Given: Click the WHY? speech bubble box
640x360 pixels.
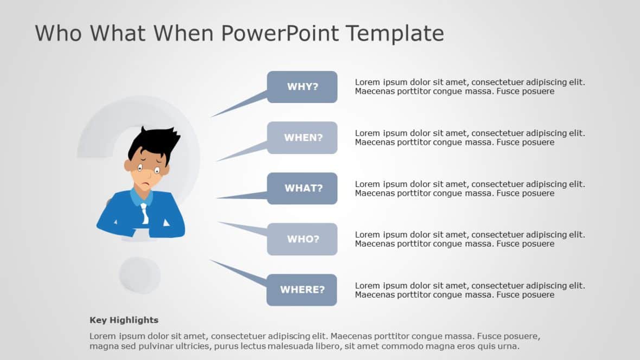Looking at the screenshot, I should coord(302,87).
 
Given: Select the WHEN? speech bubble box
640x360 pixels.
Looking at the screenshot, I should coord(302,138).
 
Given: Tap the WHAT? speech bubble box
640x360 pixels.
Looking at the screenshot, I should coord(302,188).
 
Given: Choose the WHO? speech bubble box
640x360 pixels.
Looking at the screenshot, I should coord(302,239).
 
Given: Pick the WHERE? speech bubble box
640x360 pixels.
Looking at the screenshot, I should coord(302,290).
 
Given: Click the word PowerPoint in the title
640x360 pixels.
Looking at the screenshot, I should coord(279,34).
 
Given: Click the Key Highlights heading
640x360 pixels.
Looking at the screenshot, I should coord(124,320).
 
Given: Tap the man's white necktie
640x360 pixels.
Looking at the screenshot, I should coord(144,212).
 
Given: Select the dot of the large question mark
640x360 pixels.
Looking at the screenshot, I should coord(140,275).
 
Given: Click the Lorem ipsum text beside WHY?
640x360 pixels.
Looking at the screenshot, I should coord(470,87).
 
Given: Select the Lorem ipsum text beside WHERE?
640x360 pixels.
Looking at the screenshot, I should coord(470,290).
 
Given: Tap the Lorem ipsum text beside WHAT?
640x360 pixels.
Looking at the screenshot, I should coord(470,188).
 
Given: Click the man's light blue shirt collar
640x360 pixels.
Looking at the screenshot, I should coord(135,197).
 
